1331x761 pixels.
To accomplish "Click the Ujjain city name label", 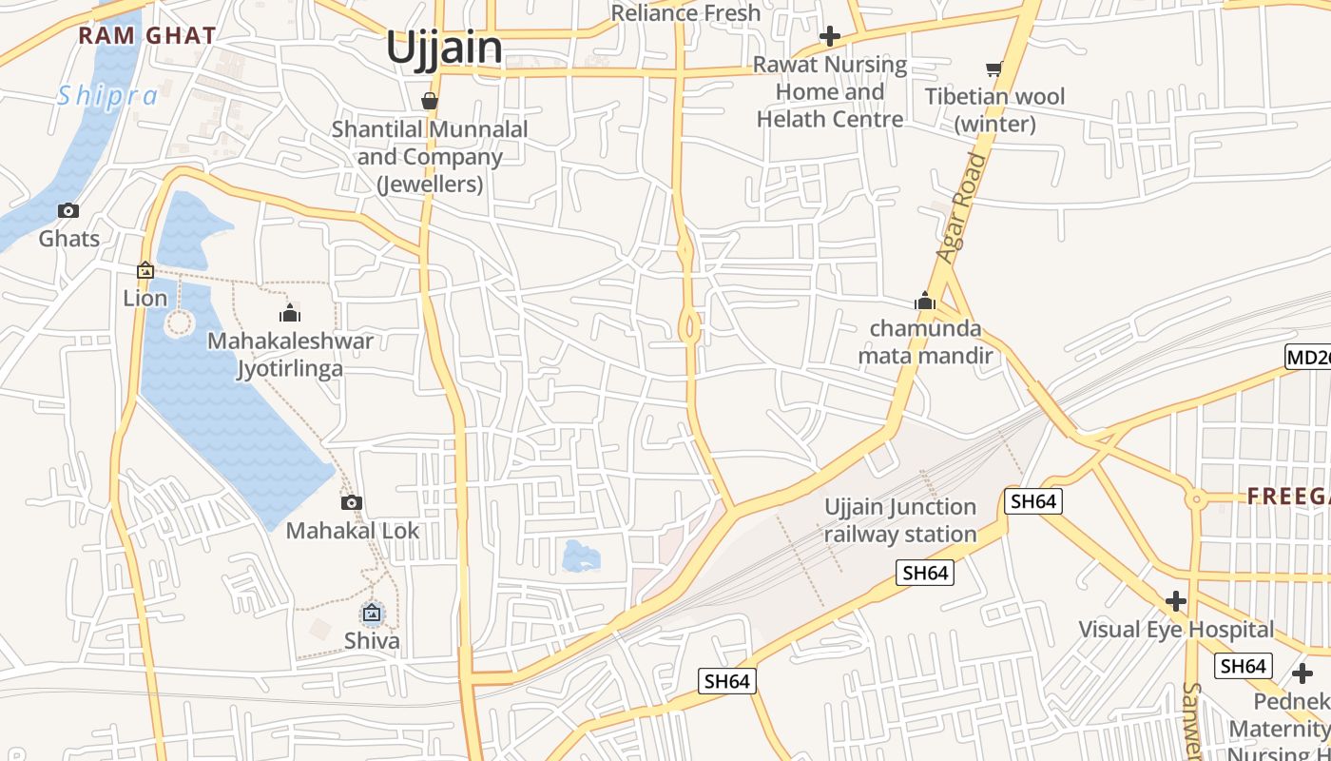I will (x=444, y=48).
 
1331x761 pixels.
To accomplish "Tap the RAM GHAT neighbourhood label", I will (x=147, y=36).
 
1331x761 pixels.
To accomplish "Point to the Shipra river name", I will (x=107, y=96).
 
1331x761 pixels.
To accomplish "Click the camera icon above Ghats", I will (x=68, y=210).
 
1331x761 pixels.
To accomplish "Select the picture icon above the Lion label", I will (x=145, y=270).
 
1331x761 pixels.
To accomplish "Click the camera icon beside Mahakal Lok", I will (x=352, y=502).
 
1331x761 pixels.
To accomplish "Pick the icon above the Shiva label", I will (x=372, y=614).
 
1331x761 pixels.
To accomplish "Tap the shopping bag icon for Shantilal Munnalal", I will (x=430, y=100).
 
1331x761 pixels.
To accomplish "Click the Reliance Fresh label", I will (x=685, y=13).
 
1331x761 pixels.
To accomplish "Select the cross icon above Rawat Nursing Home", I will (x=830, y=37).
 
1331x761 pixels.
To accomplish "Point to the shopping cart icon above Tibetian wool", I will (x=994, y=68).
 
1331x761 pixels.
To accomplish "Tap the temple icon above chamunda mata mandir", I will (x=925, y=302).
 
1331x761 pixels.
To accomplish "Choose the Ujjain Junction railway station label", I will (x=900, y=520).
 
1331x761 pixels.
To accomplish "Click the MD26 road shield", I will (x=1308, y=358).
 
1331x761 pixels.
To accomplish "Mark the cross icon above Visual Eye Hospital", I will (x=1176, y=601).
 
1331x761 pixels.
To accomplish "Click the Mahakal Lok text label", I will (x=353, y=531).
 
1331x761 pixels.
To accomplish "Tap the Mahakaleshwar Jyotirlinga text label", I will (x=290, y=354).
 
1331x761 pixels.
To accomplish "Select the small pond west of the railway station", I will (x=581, y=556).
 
